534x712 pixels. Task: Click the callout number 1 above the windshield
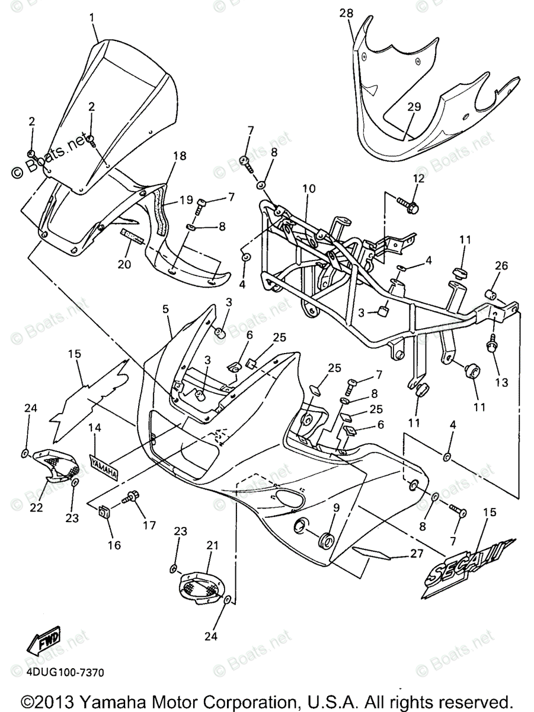point(92,18)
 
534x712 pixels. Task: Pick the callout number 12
point(419,178)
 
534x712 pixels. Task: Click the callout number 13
point(501,383)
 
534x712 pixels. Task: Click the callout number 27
point(416,554)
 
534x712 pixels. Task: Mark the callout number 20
point(123,265)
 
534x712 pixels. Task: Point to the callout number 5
point(165,310)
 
